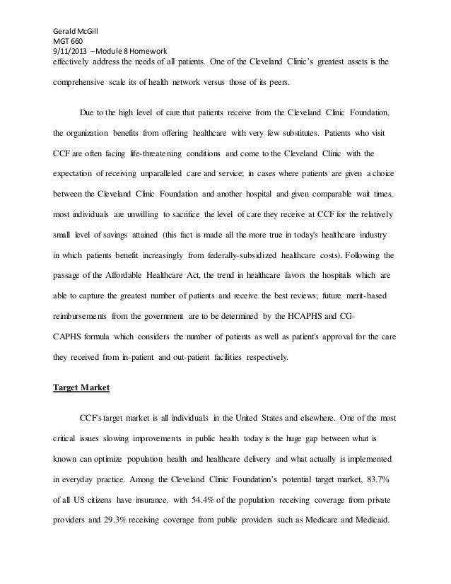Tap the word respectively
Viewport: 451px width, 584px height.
coord(252,357)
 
